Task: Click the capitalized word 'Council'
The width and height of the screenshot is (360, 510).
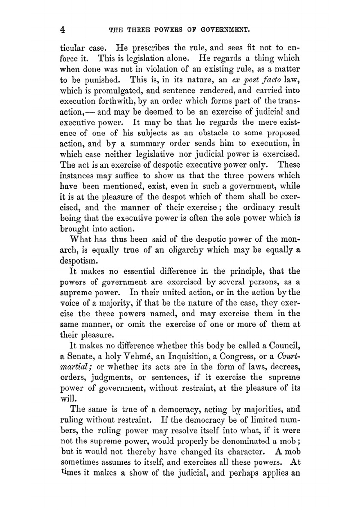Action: coord(284,346)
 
